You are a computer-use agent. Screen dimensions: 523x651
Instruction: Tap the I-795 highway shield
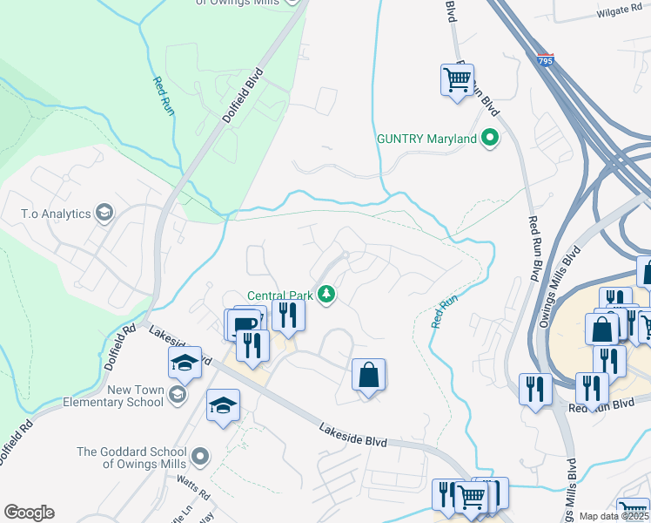pyautogui.click(x=545, y=61)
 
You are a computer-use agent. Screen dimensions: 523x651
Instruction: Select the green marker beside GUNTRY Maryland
pyautogui.click(x=490, y=138)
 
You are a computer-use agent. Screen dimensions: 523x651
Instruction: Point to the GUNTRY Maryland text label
pyautogui.click(x=426, y=139)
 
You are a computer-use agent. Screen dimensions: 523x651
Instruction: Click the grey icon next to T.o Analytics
pyautogui.click(x=104, y=213)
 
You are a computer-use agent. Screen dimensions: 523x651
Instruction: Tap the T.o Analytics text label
pyautogui.click(x=56, y=213)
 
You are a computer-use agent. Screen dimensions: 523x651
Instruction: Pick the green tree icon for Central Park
pyautogui.click(x=327, y=295)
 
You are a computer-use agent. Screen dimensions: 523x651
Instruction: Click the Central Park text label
pyautogui.click(x=279, y=295)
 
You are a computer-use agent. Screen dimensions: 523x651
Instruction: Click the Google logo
pyautogui.click(x=29, y=513)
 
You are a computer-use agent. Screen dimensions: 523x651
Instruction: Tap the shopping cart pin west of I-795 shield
pyautogui.click(x=457, y=80)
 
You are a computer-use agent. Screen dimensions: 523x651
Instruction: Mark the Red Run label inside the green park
pyautogui.click(x=163, y=96)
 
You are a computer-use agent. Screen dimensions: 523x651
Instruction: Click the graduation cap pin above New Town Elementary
pyautogui.click(x=185, y=362)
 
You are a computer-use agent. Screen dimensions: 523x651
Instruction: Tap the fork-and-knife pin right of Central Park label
pyautogui.click(x=288, y=314)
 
